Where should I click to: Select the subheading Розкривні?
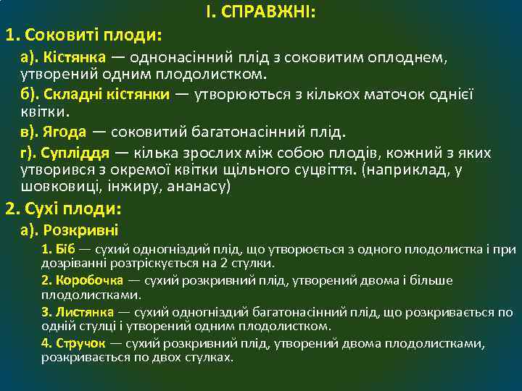point(81,231)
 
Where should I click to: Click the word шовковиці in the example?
point(51,186)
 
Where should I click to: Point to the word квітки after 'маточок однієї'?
point(44,112)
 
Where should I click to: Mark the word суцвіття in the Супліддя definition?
point(318,170)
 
